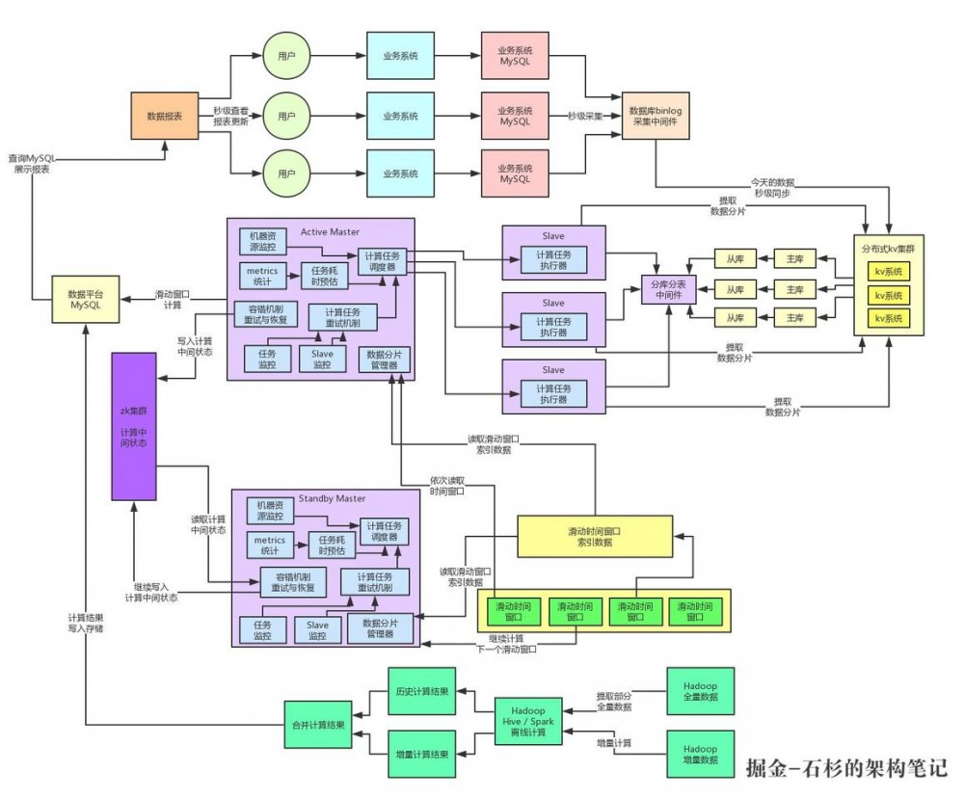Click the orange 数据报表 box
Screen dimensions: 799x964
pos(164,116)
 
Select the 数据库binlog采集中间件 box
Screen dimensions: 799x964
pos(656,117)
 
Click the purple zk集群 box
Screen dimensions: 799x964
pos(133,426)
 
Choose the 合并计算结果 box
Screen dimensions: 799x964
pos(318,724)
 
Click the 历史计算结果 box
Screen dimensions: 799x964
pos(421,691)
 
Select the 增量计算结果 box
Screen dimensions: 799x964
pos(421,755)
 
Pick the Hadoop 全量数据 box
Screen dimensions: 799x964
pos(700,691)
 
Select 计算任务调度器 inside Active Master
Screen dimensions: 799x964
pos(383,261)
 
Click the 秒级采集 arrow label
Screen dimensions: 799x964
pos(586,116)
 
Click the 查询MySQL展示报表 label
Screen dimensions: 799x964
pos(31,163)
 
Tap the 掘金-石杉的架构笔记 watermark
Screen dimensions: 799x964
pos(847,768)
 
